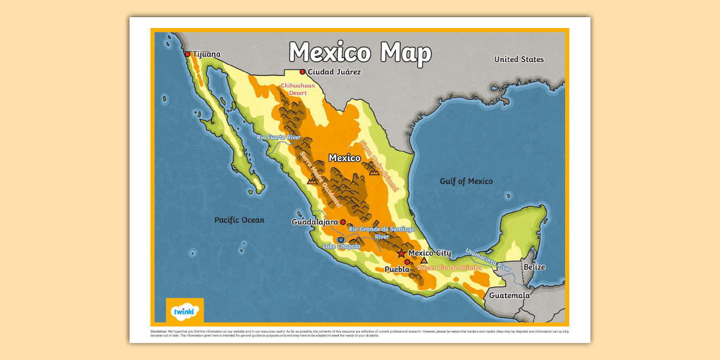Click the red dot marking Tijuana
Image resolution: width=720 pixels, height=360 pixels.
[187, 54]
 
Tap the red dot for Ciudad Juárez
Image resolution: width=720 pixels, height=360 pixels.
[302, 72]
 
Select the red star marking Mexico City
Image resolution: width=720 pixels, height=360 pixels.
[402, 253]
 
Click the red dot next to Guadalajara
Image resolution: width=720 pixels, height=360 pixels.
[343, 222]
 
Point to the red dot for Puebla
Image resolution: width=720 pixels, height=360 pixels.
[407, 262]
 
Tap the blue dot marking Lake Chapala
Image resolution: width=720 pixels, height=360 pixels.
[341, 240]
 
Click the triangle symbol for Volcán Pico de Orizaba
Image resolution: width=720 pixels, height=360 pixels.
[424, 260]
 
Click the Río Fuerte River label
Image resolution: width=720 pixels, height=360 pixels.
[279, 137]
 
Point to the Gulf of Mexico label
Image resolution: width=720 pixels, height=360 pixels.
[466, 181]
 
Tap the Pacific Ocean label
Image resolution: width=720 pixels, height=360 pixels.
[239, 220]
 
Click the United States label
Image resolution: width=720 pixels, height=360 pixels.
[519, 59]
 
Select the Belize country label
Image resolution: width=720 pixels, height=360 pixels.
[534, 267]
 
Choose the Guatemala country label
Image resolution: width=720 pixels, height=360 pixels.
[509, 295]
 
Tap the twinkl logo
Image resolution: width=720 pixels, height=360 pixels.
[185, 311]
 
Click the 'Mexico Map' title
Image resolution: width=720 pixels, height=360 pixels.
[359, 53]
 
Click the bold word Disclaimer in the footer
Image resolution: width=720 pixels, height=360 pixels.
[158, 331]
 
